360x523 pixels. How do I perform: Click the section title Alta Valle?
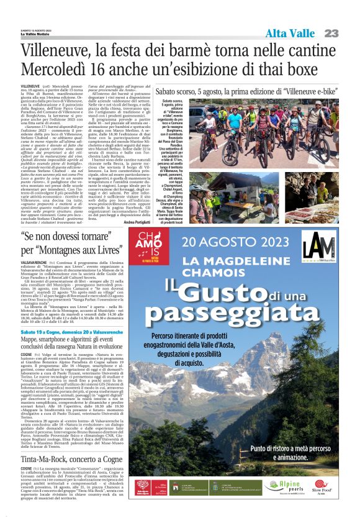point(290,33)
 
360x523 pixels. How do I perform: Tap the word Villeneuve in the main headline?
point(60,50)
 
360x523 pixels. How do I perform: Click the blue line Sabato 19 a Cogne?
point(74,332)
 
